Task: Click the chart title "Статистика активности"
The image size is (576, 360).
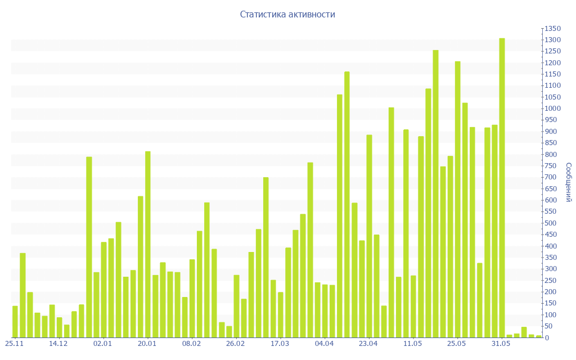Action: click(287, 14)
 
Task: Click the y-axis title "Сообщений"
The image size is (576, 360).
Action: click(569, 182)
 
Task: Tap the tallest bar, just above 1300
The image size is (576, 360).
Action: click(502, 187)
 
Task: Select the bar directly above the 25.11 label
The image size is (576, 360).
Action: click(15, 321)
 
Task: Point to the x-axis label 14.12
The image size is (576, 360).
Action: click(58, 344)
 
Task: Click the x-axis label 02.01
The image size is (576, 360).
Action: click(103, 344)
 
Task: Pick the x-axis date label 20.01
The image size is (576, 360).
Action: click(147, 344)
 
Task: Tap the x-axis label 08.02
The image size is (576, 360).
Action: click(191, 344)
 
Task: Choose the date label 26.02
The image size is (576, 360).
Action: click(235, 344)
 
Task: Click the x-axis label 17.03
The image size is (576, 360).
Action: click(280, 344)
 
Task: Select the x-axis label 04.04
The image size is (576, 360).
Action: click(325, 344)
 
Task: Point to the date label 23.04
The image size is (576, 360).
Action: click(368, 344)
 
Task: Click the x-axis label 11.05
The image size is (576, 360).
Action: click(413, 344)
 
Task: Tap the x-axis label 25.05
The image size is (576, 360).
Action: click(457, 344)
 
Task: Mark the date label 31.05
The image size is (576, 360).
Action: click(501, 344)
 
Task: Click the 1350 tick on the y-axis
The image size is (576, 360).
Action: click(552, 29)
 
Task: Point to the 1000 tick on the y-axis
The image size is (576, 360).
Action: click(552, 109)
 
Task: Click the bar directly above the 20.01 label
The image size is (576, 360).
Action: click(148, 244)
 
